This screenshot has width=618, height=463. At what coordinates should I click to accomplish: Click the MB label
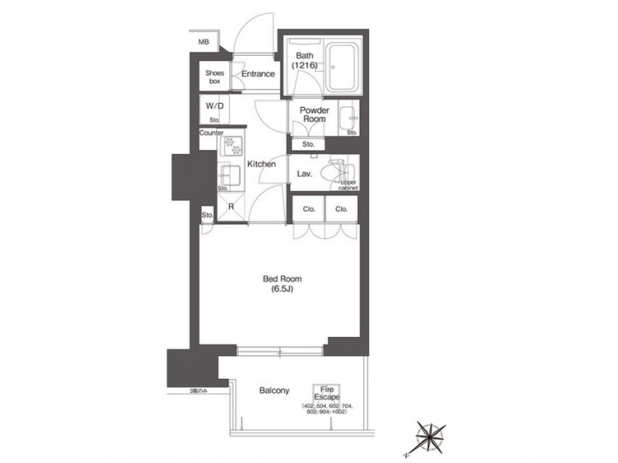click(x=203, y=42)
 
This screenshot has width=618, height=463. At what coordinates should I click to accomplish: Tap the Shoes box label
click(x=214, y=76)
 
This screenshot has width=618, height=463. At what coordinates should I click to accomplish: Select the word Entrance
click(x=257, y=74)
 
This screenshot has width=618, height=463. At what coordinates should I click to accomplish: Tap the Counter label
click(x=211, y=133)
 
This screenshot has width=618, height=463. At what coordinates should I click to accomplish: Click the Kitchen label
click(x=261, y=164)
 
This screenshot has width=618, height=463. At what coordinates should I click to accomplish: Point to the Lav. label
click(x=303, y=174)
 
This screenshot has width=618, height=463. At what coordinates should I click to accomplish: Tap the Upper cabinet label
click(x=348, y=184)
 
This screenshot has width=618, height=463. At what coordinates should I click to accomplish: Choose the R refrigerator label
click(x=231, y=207)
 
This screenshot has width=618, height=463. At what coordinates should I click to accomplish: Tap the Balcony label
click(x=274, y=390)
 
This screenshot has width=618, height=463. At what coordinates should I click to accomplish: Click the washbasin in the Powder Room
click(x=348, y=118)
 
